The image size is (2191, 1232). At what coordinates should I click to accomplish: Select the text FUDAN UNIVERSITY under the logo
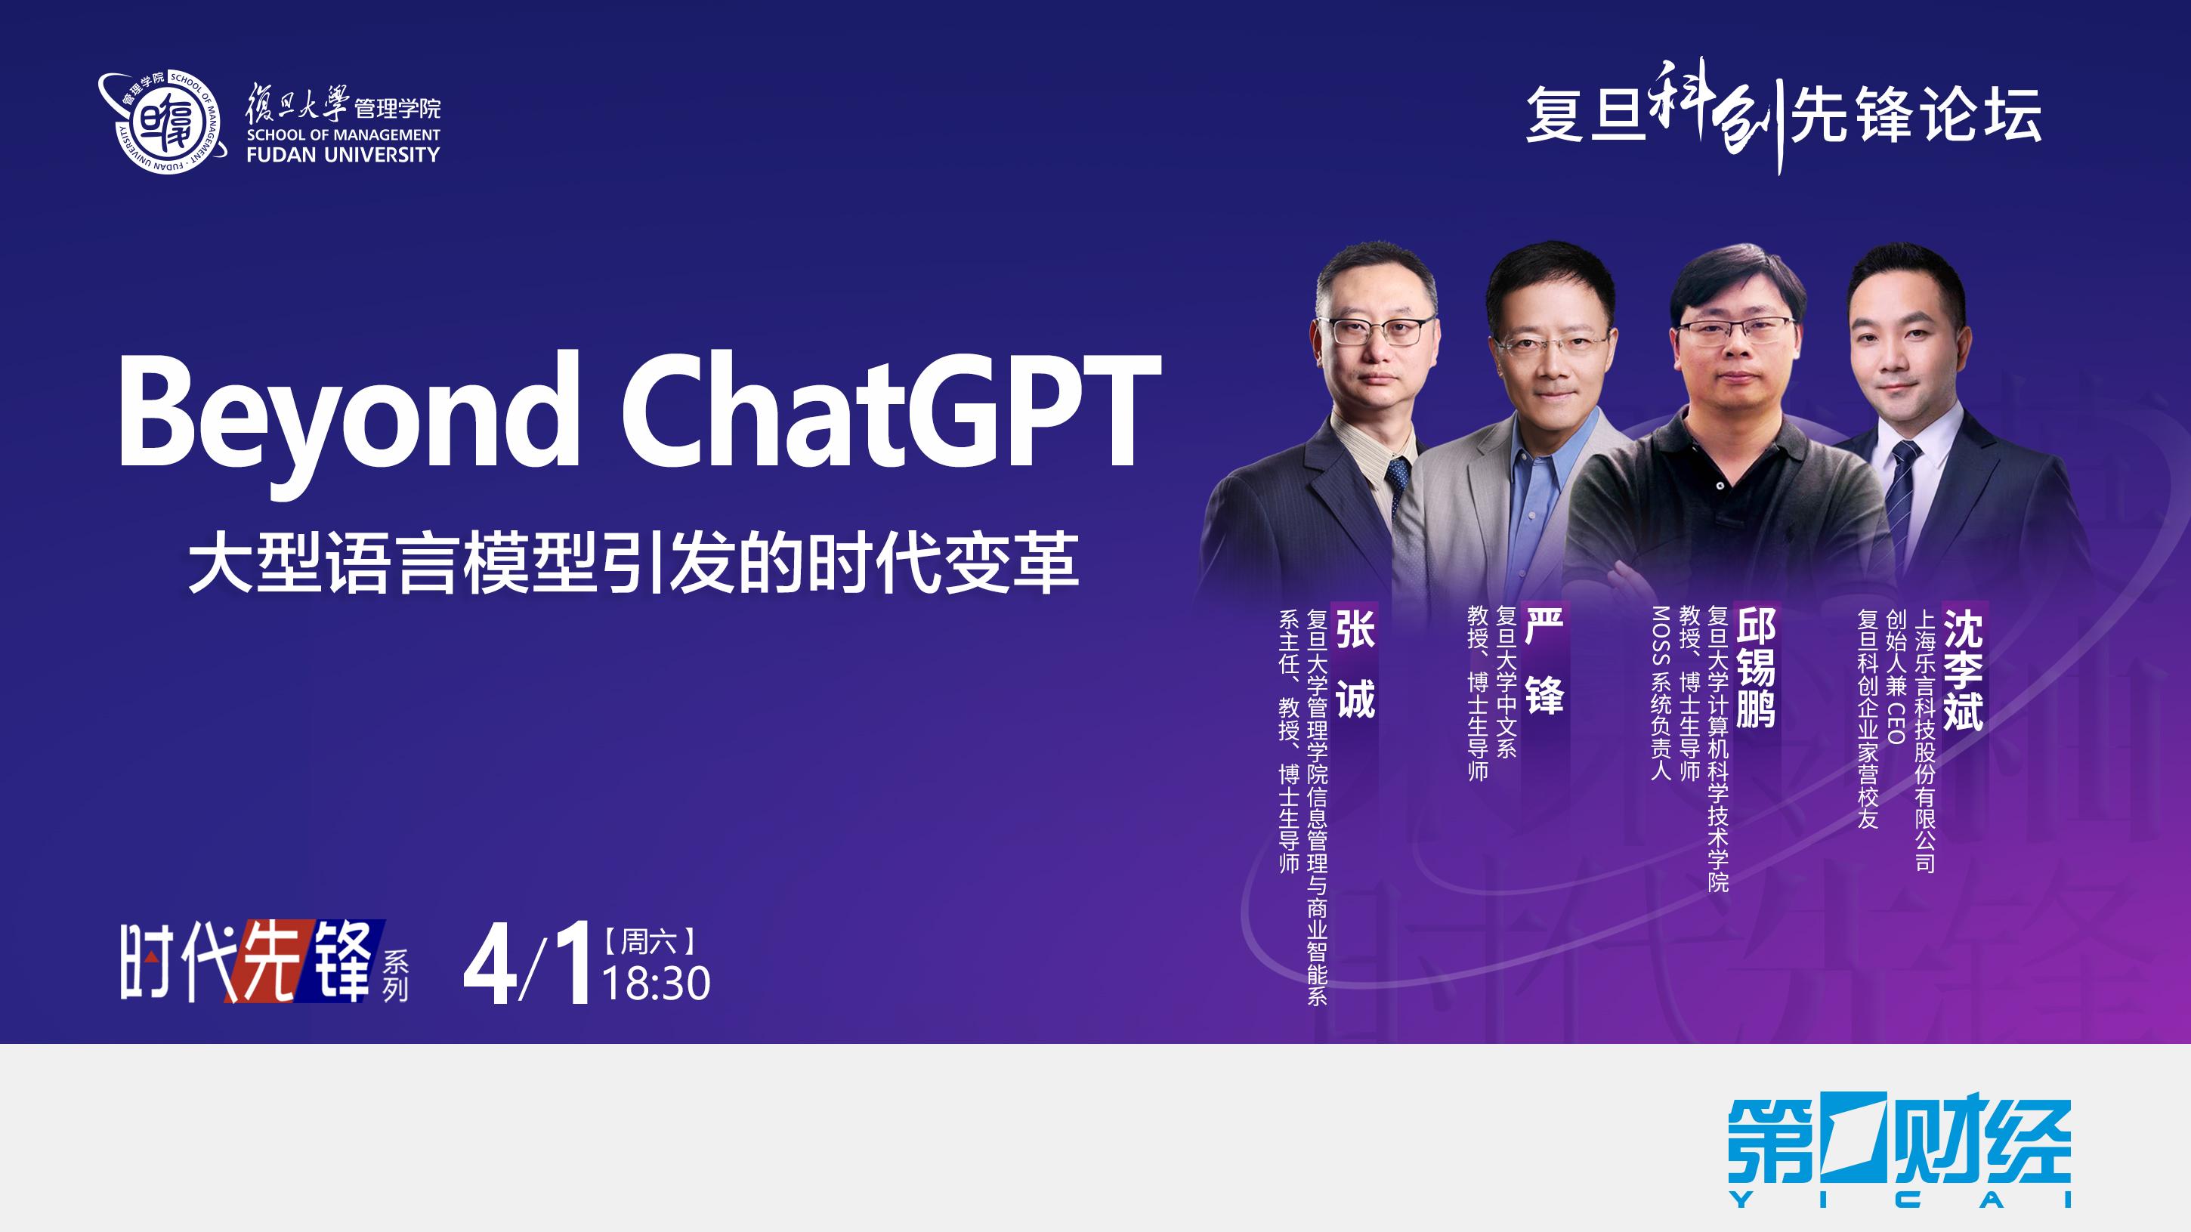tap(343, 155)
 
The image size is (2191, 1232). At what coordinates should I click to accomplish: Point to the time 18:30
tap(657, 983)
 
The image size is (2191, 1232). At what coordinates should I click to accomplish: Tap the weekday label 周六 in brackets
tap(650, 941)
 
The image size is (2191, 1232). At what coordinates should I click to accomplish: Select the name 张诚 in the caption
tap(1355, 661)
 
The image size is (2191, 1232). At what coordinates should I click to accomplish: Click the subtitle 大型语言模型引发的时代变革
tap(634, 562)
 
